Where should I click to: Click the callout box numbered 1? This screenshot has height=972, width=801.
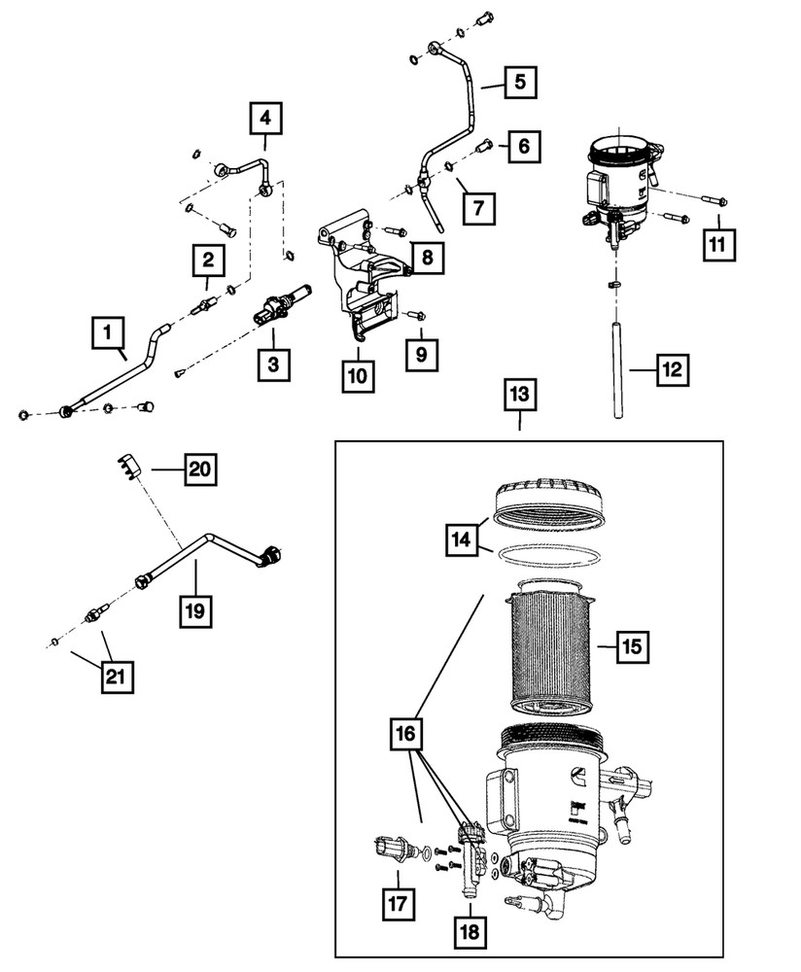tap(109, 335)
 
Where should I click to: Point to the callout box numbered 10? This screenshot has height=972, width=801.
tap(359, 375)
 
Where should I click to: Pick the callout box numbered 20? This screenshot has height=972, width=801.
tap(198, 471)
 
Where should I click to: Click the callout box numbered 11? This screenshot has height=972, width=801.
tap(720, 245)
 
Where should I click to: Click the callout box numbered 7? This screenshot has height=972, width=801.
tap(483, 207)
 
